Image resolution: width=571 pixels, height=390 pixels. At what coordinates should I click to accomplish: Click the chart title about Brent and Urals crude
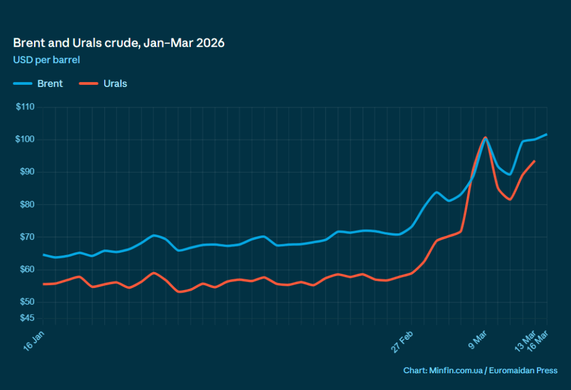(118, 43)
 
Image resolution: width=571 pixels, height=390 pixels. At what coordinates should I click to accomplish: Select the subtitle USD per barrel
(47, 59)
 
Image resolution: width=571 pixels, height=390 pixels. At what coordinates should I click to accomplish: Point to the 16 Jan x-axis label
(35, 339)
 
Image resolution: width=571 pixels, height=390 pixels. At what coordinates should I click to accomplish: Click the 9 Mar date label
(478, 339)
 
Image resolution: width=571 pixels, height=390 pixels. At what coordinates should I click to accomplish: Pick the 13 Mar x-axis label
(525, 339)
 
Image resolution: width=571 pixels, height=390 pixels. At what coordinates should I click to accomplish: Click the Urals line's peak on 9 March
(485, 137)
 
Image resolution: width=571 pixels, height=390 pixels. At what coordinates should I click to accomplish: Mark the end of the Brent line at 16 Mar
(546, 134)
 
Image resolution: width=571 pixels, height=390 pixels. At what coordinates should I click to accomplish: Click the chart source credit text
(480, 370)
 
